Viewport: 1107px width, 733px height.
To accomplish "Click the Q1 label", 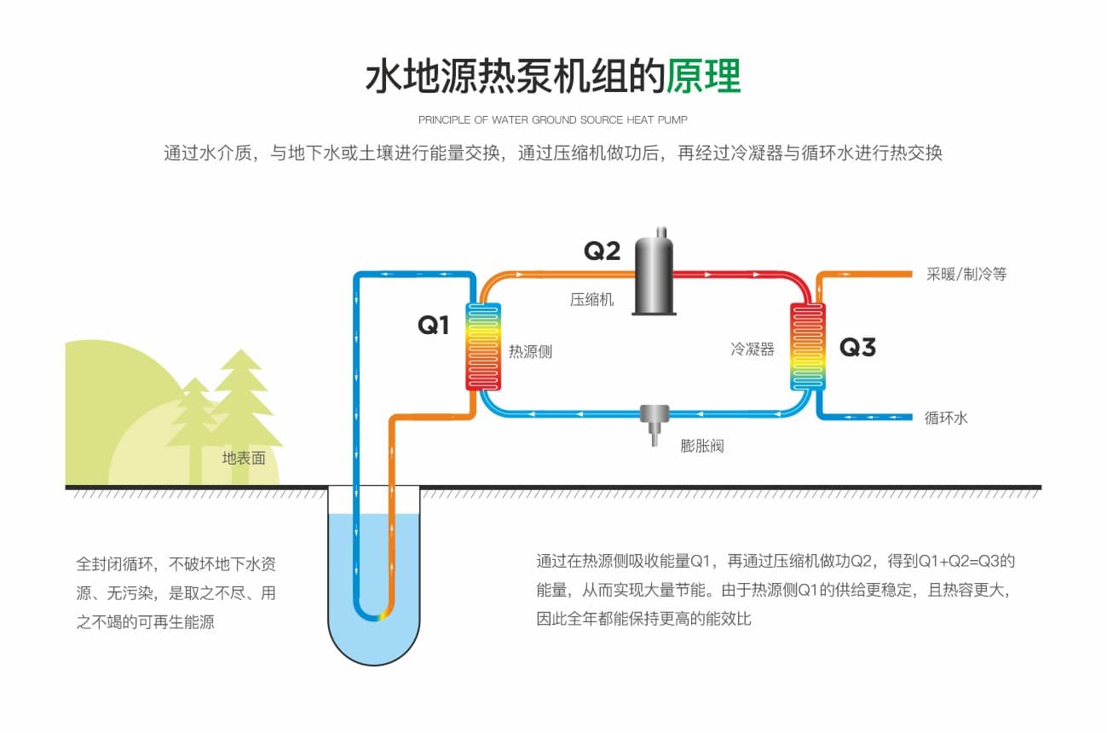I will pyautogui.click(x=433, y=325).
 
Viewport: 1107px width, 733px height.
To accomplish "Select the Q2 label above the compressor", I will pyautogui.click(x=602, y=251).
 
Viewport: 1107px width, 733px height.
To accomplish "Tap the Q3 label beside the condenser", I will pyautogui.click(x=857, y=347).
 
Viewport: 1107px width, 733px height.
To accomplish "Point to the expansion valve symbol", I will pyautogui.click(x=654, y=422).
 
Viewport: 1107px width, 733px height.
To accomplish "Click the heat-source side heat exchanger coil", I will pyautogui.click(x=483, y=346).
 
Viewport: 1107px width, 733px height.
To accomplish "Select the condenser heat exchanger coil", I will pyautogui.click(x=808, y=346).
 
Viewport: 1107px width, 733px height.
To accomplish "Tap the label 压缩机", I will pyautogui.click(x=591, y=299).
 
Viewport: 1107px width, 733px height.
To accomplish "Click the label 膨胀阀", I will pyautogui.click(x=702, y=445).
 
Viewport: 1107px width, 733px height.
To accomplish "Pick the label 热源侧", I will pyautogui.click(x=530, y=350).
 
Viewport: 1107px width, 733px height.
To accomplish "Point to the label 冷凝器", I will pyautogui.click(x=752, y=349).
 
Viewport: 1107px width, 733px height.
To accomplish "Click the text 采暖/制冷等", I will pyautogui.click(x=966, y=274).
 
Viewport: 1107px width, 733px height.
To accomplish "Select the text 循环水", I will pyautogui.click(x=946, y=418).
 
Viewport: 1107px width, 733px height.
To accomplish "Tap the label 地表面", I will pyautogui.click(x=244, y=458).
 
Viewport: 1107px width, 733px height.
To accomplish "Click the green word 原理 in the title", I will pyautogui.click(x=704, y=76).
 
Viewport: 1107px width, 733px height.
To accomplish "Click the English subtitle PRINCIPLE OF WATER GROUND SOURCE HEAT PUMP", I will pyautogui.click(x=552, y=119).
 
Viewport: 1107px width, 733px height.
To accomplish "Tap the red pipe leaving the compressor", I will pyautogui.click(x=733, y=274).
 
